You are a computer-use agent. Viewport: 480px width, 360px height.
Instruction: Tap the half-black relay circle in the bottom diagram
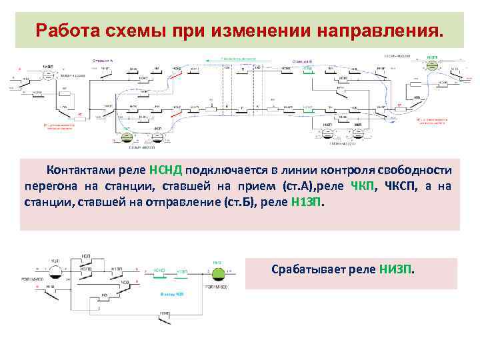(x=55, y=270)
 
